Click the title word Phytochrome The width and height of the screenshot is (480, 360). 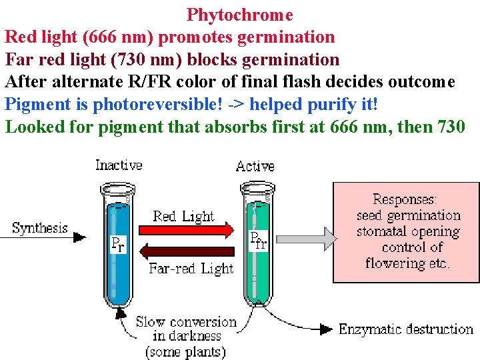[x=239, y=14]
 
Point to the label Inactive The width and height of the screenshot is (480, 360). [x=119, y=165]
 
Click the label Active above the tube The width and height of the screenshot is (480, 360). [x=255, y=166]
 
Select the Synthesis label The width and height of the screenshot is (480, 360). [x=40, y=228]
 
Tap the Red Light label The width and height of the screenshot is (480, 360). [x=183, y=216]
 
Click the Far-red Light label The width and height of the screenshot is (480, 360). [x=191, y=269]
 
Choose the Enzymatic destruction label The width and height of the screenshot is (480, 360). [x=405, y=329]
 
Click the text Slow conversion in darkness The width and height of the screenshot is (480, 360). [x=186, y=329]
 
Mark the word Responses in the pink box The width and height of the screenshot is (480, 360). [x=405, y=199]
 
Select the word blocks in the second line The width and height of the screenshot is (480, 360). [x=215, y=59]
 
